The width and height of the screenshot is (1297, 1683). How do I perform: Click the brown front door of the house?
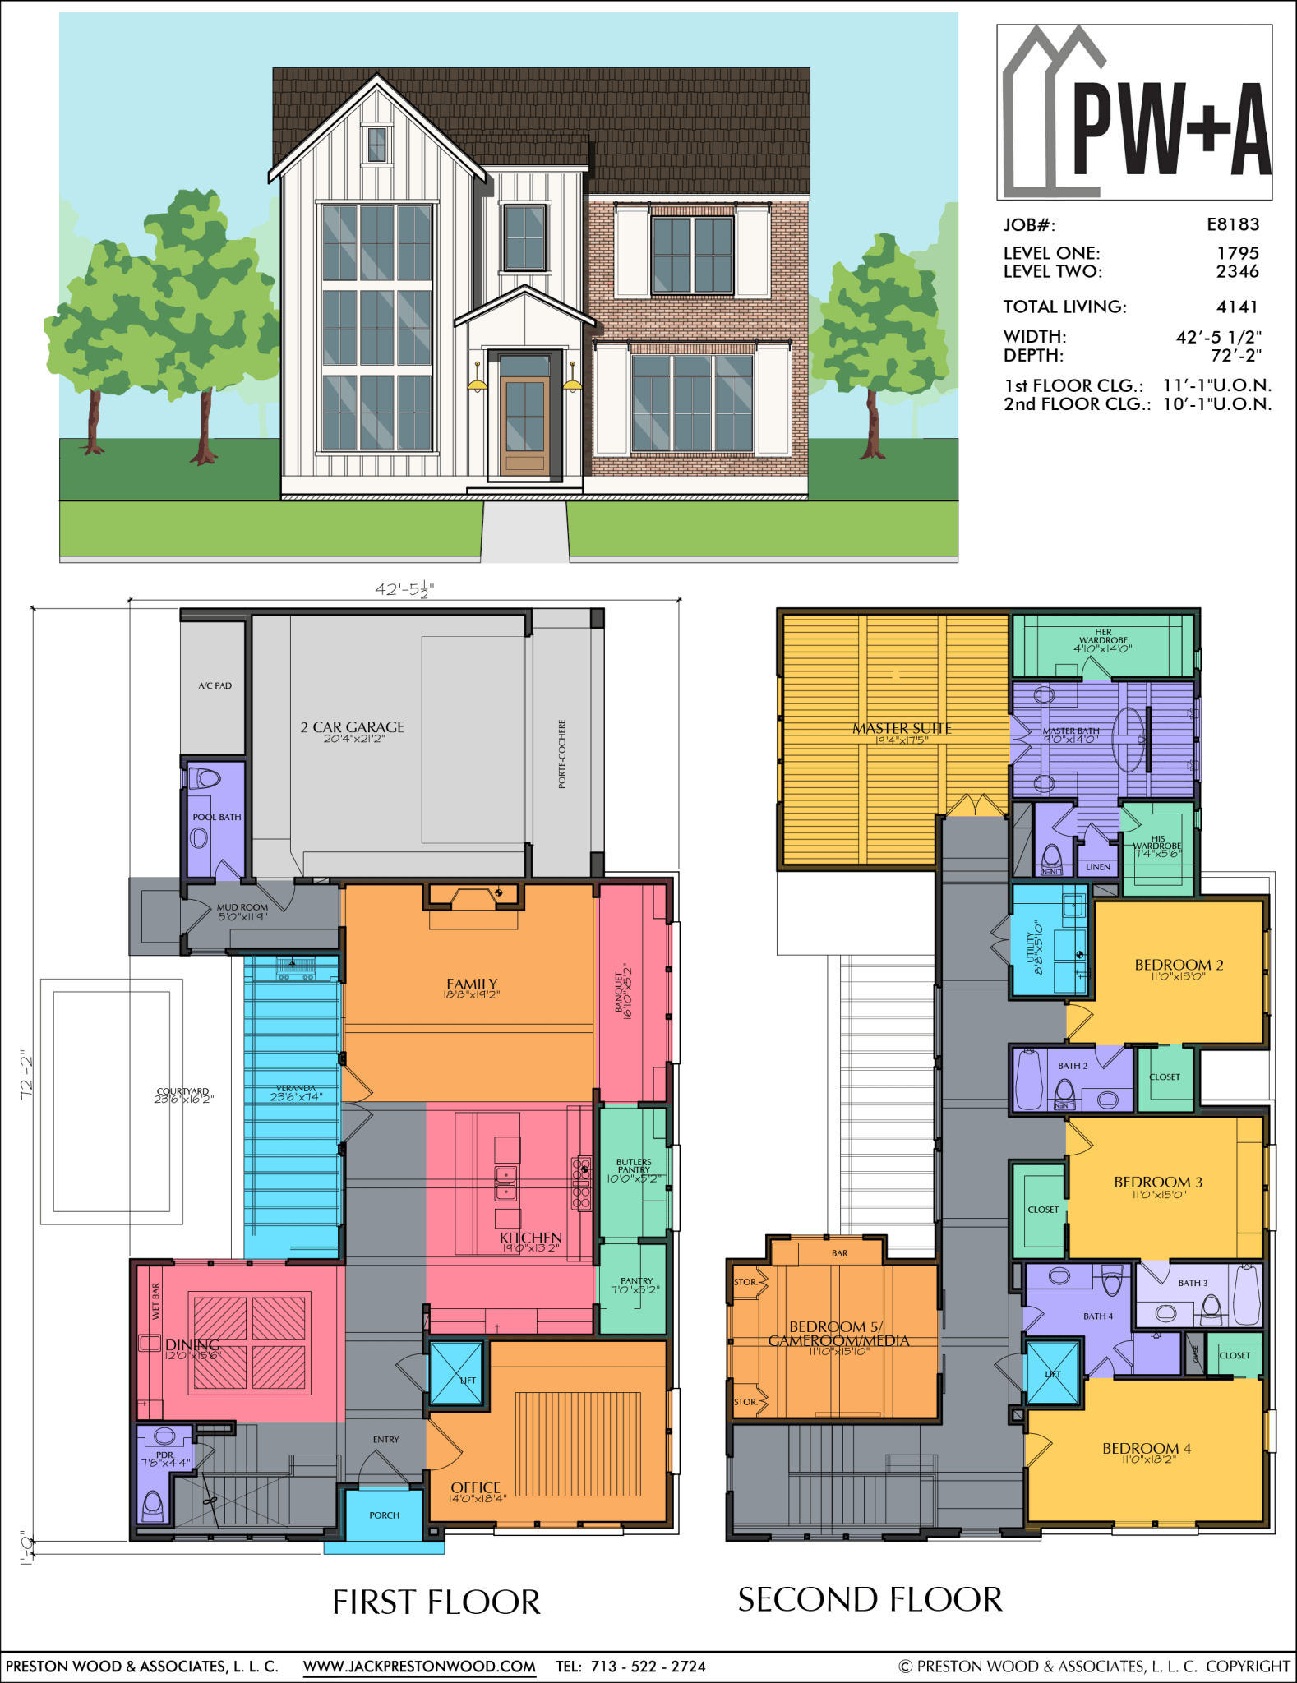[524, 425]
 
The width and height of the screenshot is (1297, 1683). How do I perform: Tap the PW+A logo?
[1134, 113]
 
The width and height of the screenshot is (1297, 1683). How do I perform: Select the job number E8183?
[1232, 224]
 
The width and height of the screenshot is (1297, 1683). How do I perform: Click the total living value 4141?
[1237, 307]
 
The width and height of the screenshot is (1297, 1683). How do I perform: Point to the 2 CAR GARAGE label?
[352, 727]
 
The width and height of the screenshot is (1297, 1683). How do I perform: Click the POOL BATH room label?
[217, 817]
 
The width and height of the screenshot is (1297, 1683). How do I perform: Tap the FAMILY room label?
[472, 984]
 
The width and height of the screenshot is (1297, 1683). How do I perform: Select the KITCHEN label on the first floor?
[531, 1238]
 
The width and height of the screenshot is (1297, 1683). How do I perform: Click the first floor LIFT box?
[457, 1373]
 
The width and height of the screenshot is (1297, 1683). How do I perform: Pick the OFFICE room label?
[475, 1487]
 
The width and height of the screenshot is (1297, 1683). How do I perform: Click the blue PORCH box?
[384, 1515]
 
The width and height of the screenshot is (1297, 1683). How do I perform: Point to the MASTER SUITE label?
[902, 728]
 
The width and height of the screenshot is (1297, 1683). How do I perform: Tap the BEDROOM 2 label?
[1179, 965]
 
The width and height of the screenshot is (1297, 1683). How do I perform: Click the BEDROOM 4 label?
[1147, 1448]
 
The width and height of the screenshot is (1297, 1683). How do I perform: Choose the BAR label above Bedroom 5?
[839, 1253]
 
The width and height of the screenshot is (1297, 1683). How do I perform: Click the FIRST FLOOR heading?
[436, 1602]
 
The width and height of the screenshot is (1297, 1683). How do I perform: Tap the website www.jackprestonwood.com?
[419, 1666]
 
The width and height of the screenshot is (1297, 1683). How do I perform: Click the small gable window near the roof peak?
[376, 145]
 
